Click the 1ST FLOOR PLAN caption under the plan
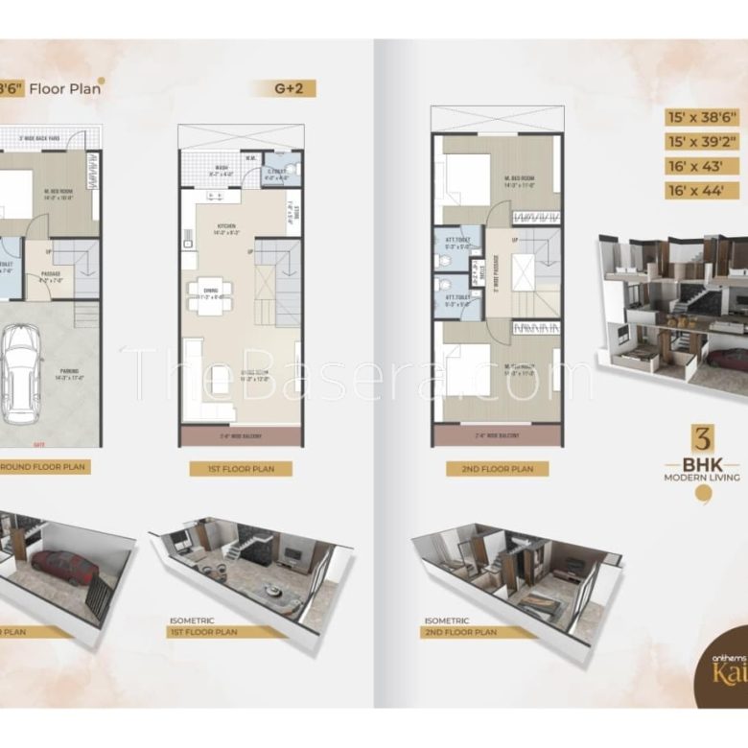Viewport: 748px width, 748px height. coord(241,469)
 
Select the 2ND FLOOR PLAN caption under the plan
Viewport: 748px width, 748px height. coord(498,469)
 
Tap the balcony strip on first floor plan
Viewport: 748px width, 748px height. coord(242,437)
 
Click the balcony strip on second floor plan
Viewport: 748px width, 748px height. coord(496,437)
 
